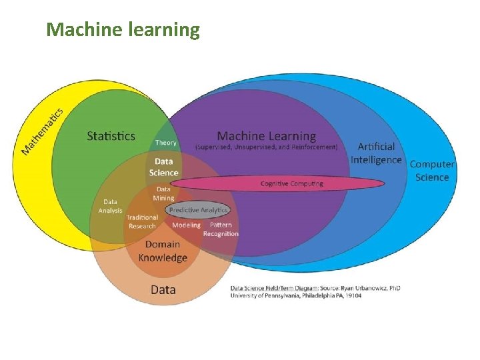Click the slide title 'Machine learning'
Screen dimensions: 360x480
(123, 30)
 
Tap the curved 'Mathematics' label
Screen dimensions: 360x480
(43, 131)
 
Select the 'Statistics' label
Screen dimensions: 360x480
(111, 136)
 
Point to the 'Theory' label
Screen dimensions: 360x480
(166, 143)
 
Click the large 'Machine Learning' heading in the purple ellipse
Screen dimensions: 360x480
(267, 136)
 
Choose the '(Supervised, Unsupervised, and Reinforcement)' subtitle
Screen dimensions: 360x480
(267, 147)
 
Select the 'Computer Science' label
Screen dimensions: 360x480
(432, 170)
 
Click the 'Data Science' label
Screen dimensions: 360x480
(163, 167)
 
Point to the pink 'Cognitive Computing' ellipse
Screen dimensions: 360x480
(291, 183)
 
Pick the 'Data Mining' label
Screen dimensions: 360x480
(163, 193)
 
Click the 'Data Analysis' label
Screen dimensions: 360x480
(111, 206)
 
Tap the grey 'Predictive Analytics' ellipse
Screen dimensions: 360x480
(198, 210)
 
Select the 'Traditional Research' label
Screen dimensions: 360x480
(142, 221)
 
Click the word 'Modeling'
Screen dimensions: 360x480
(186, 225)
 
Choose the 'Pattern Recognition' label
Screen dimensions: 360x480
(221, 229)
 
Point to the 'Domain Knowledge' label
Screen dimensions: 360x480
(163, 251)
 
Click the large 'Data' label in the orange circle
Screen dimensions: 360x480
(163, 289)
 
